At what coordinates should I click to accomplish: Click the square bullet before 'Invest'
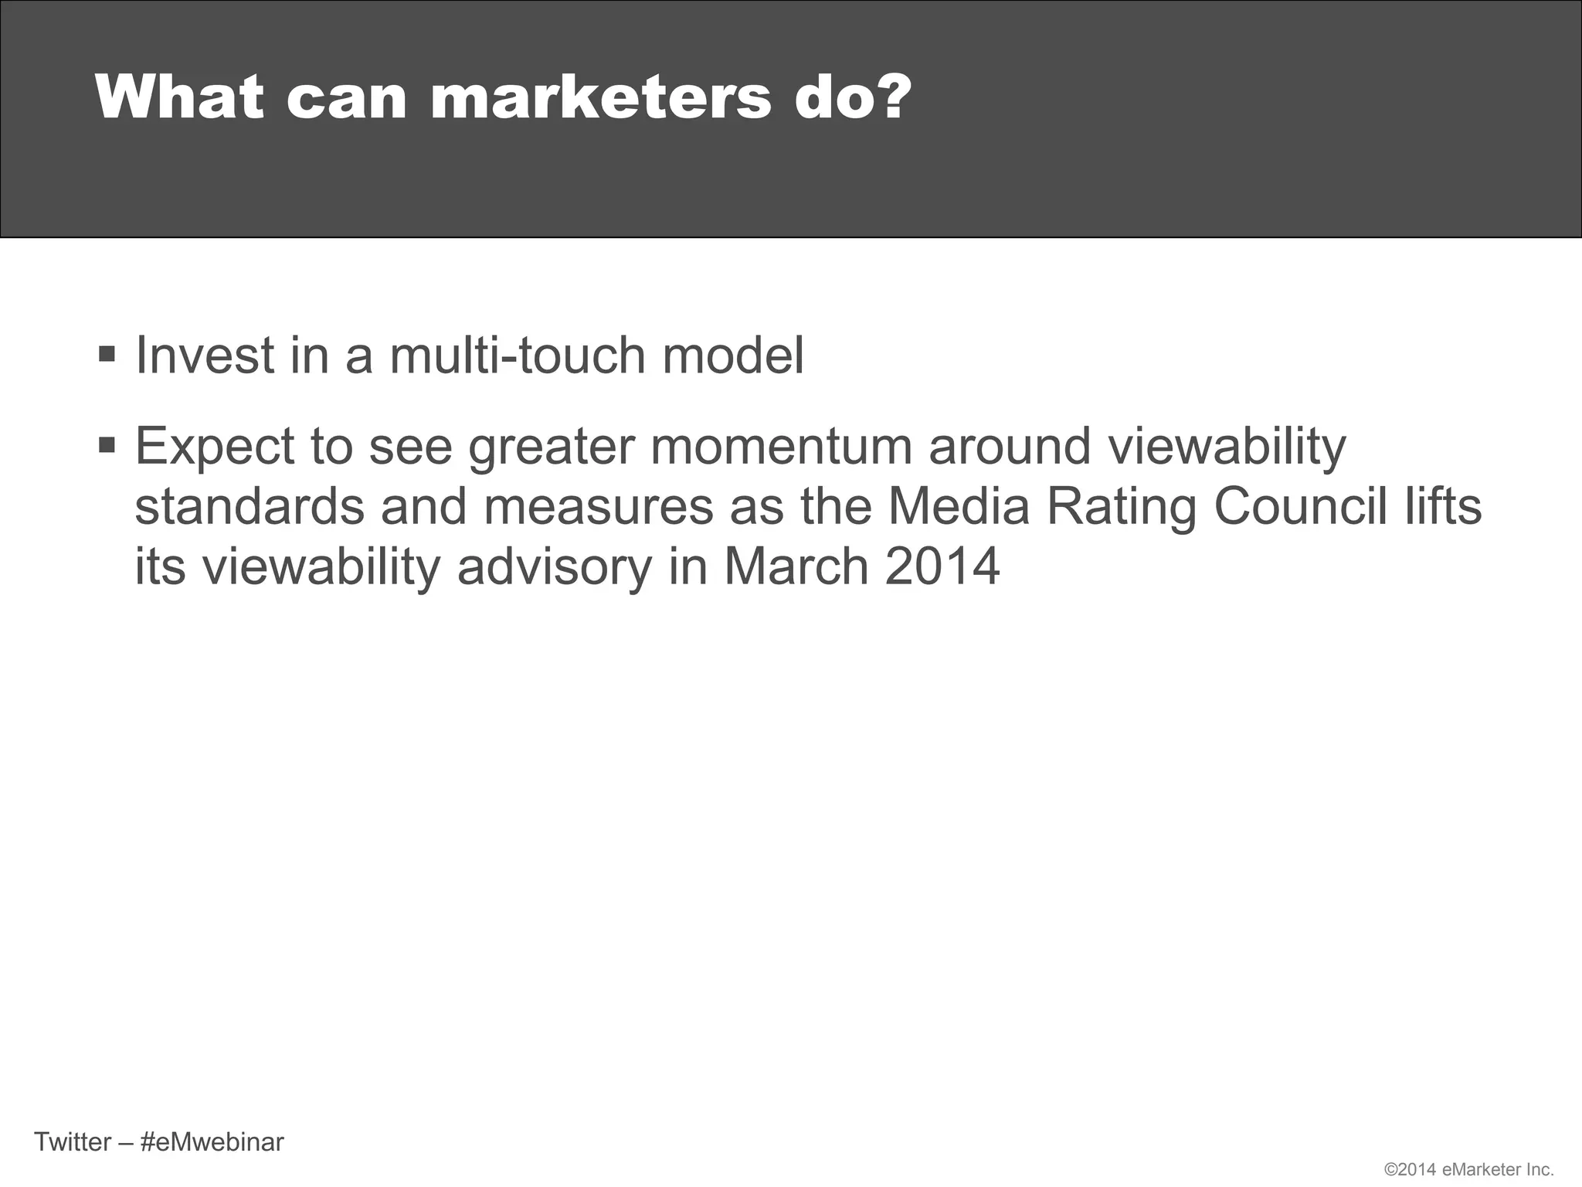107,355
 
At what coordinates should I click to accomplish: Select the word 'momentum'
781,446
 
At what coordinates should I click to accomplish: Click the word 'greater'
552,447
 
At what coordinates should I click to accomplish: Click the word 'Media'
959,506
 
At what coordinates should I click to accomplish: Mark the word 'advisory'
555,566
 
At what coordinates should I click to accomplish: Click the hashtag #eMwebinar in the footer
212,1141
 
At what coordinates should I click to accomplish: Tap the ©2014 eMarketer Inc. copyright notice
1468,1170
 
